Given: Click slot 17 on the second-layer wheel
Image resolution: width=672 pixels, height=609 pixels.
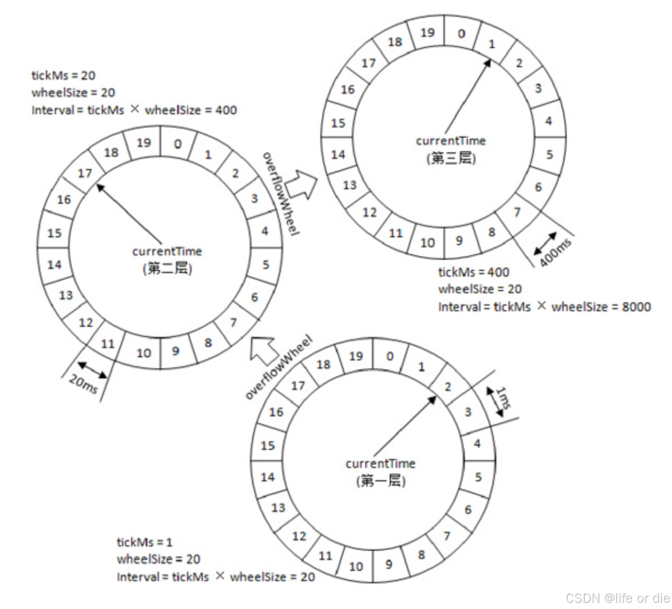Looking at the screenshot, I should (85, 174).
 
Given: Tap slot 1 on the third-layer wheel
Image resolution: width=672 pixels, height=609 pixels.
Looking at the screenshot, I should (492, 44).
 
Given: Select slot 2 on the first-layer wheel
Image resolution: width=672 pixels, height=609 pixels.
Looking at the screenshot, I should (447, 387).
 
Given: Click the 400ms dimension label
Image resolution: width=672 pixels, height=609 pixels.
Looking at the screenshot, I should (556, 253).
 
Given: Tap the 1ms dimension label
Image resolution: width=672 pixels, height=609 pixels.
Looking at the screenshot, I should (502, 400).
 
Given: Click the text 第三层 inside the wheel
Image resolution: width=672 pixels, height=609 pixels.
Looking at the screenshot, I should (451, 158).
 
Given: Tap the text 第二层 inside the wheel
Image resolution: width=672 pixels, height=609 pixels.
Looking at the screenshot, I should (167, 269).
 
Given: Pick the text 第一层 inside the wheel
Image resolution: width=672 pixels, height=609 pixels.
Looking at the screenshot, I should (380, 481).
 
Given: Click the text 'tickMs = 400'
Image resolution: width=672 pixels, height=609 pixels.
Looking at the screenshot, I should (473, 273).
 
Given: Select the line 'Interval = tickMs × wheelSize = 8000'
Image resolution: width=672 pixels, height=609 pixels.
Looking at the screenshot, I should (544, 307).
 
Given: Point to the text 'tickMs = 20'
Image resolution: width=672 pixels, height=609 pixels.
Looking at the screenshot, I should (63, 75).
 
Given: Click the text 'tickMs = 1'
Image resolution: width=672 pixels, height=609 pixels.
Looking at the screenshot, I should (144, 542).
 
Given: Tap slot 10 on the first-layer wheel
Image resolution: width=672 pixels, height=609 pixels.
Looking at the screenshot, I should (356, 566).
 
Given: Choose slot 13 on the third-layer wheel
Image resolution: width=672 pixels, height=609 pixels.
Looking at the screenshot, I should (349, 185).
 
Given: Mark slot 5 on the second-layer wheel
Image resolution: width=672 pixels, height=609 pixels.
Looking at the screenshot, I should (265, 264).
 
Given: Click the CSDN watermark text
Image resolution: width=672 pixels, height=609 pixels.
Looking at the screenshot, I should (617, 598).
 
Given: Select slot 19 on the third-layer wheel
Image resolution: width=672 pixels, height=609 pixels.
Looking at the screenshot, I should (427, 32).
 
